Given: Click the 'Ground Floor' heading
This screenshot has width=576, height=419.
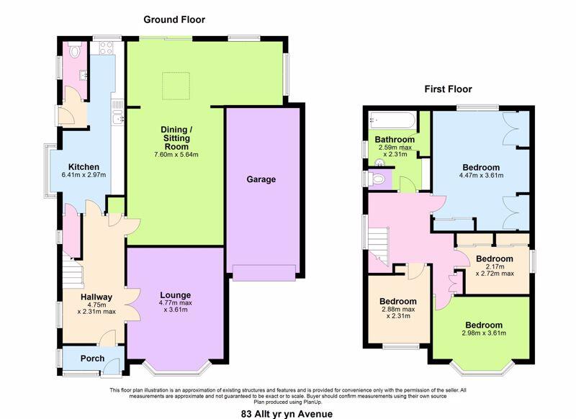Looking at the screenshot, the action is (x=174, y=19).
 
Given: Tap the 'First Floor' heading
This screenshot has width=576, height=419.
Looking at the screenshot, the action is (x=448, y=89).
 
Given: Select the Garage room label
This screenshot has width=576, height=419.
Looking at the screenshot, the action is (x=261, y=179).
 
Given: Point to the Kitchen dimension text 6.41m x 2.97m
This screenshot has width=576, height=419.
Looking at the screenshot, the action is (x=84, y=175).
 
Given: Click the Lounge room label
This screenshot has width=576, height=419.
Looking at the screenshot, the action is (x=175, y=295).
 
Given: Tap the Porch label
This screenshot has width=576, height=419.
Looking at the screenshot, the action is (x=93, y=359).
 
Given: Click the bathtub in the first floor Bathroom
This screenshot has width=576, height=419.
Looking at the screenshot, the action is (x=392, y=120).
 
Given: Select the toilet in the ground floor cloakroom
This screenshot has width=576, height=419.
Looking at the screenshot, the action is (x=75, y=51).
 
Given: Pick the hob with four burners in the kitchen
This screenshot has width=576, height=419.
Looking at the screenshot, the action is (x=106, y=48).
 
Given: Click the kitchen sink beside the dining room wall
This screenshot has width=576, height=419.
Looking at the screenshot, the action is (x=118, y=118).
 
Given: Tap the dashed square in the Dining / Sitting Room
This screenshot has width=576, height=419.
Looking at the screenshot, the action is (x=176, y=86).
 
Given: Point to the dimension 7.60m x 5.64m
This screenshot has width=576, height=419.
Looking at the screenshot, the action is (x=176, y=155).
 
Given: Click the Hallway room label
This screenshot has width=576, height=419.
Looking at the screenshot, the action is (x=96, y=297).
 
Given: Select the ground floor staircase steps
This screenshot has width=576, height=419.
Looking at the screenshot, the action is (x=73, y=270).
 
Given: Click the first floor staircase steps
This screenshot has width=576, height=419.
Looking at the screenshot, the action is (x=379, y=245).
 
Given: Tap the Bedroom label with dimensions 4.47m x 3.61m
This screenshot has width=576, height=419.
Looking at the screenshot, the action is (x=481, y=168).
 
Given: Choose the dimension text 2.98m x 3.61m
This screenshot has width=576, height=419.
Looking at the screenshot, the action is (x=484, y=333).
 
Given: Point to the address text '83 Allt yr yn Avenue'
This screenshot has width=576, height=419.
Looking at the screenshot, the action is (x=287, y=414).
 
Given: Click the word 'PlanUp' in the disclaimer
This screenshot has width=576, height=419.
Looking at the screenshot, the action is (x=314, y=402).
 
